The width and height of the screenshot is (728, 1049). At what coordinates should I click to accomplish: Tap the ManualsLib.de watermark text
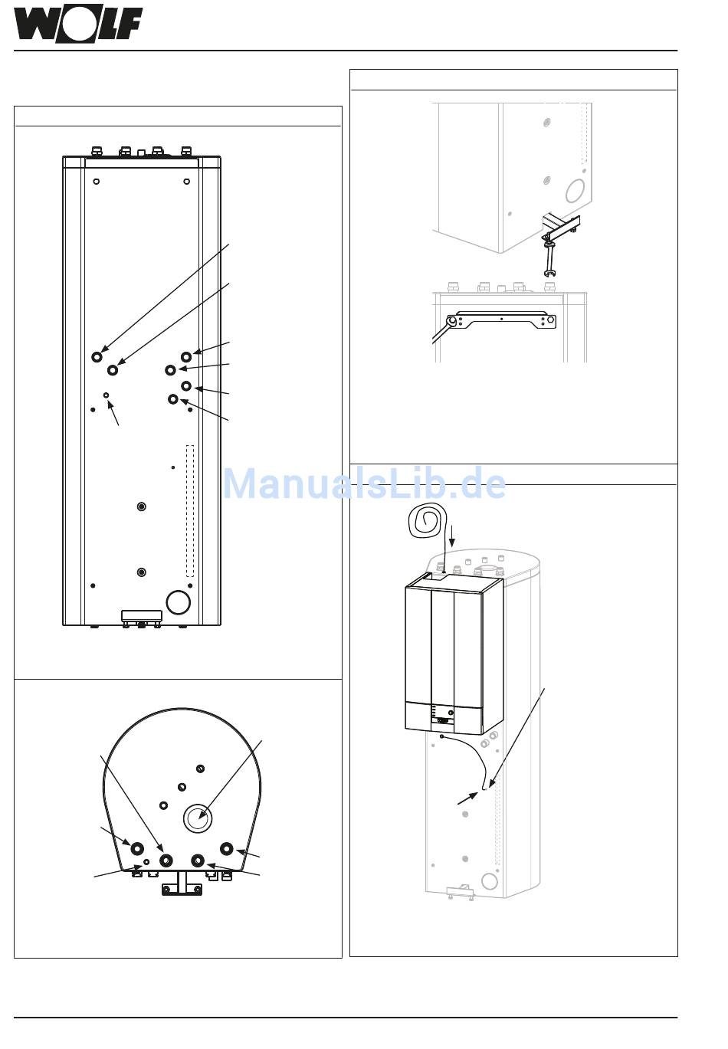[x=365, y=484]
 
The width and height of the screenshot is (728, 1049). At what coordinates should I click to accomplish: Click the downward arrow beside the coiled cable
[x=451, y=534]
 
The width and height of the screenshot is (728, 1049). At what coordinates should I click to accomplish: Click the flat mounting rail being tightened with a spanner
[x=502, y=320]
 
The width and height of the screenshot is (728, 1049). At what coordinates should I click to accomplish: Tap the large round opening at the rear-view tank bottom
[x=178, y=602]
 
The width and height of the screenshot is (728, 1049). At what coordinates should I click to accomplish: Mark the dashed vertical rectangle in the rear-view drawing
[x=190, y=510]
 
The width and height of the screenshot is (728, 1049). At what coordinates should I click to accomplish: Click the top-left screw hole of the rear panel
[x=96, y=182]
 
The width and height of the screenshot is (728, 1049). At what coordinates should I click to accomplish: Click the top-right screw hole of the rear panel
[x=187, y=182]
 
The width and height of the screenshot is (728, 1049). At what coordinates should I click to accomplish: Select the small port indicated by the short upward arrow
[x=107, y=395]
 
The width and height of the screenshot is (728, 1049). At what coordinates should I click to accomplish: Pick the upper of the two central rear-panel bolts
[x=141, y=506]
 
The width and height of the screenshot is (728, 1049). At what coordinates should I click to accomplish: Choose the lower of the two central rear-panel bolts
[x=141, y=572]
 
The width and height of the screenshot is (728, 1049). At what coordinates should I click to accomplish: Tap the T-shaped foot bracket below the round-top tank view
[x=182, y=884]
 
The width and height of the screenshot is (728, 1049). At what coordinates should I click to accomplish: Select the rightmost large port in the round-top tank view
[x=226, y=848]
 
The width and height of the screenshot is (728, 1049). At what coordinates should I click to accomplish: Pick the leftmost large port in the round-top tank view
[x=137, y=848]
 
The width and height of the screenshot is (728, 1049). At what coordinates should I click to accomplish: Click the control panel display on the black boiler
[x=443, y=720]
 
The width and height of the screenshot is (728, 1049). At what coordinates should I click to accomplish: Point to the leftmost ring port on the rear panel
[x=97, y=357]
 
